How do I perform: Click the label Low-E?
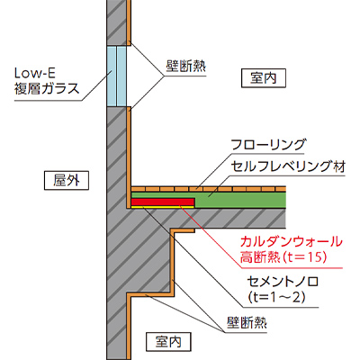[x=35, y=73]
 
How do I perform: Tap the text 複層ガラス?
[x=47, y=88]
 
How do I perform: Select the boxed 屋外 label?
[x=67, y=181]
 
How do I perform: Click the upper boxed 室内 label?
[x=264, y=78]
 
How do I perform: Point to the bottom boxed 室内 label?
[x=168, y=341]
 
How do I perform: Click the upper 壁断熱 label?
[x=186, y=67]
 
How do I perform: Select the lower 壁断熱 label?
[x=247, y=323]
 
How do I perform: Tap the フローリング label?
[x=269, y=145]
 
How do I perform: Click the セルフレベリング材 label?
[x=288, y=166]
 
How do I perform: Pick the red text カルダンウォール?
[x=291, y=242]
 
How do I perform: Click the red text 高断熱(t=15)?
[x=283, y=257]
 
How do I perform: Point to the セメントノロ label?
[x=283, y=282]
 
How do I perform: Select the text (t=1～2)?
[x=276, y=297]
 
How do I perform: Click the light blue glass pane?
[x=117, y=76]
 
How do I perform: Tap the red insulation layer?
[x=163, y=202]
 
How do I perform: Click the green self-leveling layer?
[x=240, y=200]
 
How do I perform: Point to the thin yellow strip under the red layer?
[x=163, y=207]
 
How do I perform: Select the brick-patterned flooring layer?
[x=209, y=189]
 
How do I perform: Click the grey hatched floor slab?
[x=210, y=219]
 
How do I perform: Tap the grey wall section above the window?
[x=117, y=22]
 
